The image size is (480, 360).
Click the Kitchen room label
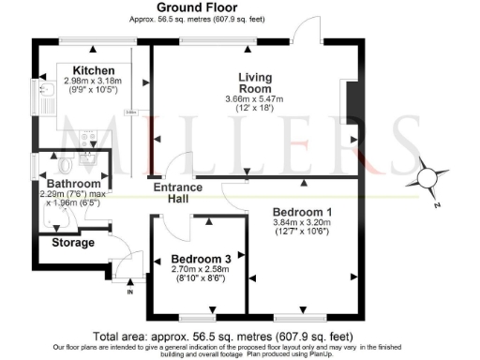click(94, 70)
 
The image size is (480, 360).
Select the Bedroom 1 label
click(302, 212)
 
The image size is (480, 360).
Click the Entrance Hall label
click(175, 192)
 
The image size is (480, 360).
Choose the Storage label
click(72, 243)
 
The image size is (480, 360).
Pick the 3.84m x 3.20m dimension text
click(302, 223)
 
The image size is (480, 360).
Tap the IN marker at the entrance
click(130, 292)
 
